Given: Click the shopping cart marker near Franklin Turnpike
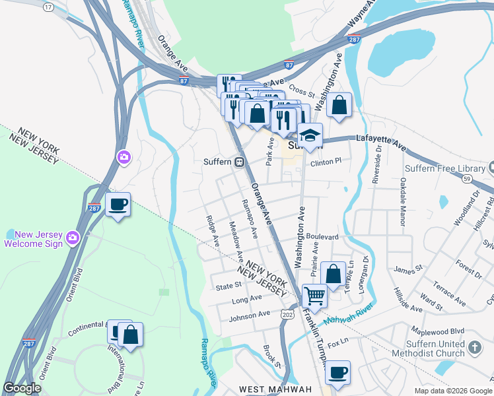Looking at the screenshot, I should pos(314,296).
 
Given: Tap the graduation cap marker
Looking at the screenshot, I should pos(309,136).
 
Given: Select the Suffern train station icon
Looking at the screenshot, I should pos(240,162).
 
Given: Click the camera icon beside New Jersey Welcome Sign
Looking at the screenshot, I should pos(73,237).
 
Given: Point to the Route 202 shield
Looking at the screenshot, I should pos(287,315).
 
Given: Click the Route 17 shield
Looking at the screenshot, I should pos(48,7).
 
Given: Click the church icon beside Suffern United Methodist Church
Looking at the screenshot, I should pos(474,347).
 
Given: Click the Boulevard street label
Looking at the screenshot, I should pos(322,236).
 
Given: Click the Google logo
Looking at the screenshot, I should pos(22,388).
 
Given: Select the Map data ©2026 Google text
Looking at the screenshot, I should pos(452,391).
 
